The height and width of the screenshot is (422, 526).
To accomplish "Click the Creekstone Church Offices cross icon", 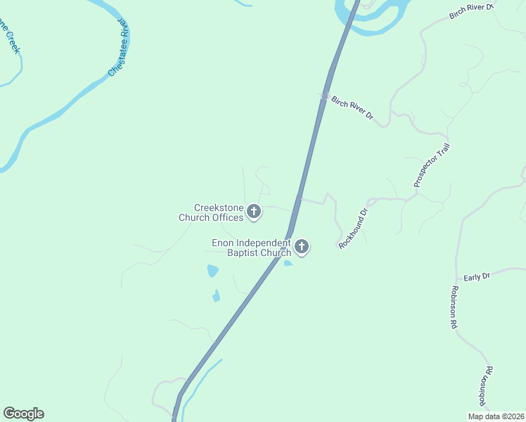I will (254, 212).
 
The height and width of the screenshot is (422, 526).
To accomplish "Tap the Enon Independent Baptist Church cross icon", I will (302, 247).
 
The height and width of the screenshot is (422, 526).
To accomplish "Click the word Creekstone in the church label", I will (217, 208).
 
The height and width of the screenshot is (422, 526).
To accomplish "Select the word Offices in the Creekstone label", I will (229, 218).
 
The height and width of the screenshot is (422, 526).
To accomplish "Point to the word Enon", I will (223, 243).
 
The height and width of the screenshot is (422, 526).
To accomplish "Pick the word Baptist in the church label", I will (243, 253).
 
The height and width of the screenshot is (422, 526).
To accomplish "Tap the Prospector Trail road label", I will (431, 166).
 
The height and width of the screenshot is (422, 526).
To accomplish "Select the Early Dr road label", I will (476, 277).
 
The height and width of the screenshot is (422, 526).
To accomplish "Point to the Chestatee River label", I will (119, 48).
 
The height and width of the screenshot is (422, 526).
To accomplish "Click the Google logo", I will (23, 414).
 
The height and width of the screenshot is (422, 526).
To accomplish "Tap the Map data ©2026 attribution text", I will (495, 416).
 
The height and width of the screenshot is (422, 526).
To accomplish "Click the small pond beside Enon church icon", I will (288, 264).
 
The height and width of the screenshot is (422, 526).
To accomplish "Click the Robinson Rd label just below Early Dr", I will (454, 308).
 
